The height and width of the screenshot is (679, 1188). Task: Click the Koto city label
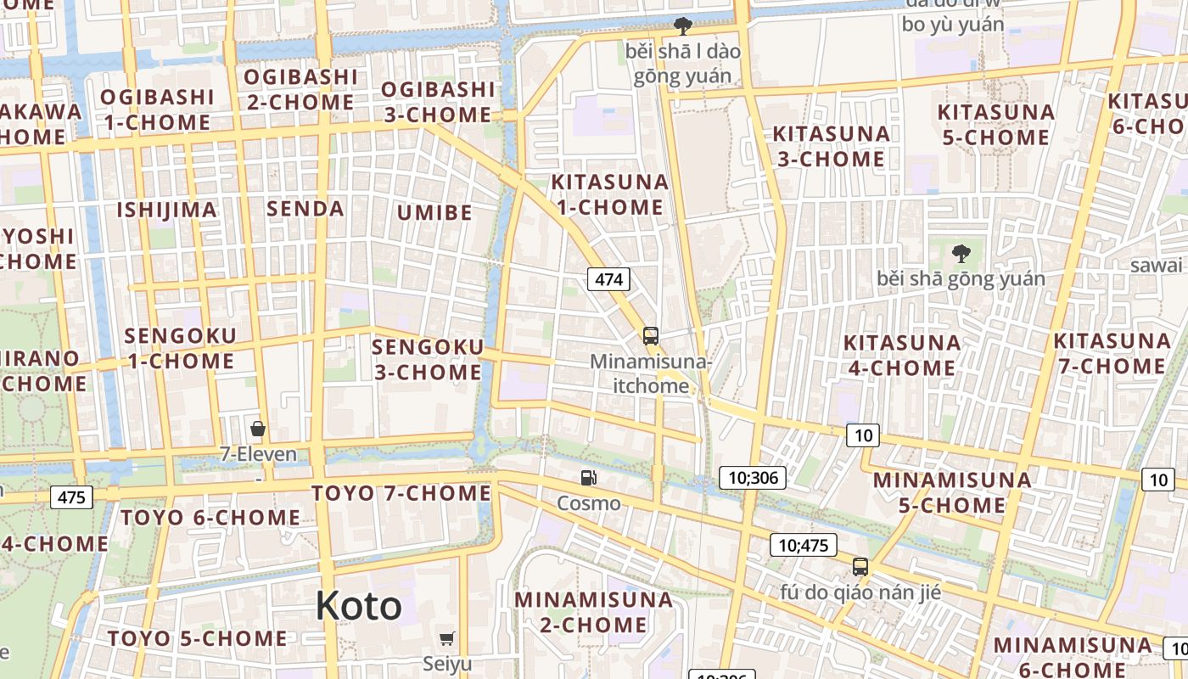tap(358, 606)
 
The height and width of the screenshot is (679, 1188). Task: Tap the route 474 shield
tap(609, 278)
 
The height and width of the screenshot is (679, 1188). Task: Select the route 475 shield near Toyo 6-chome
tap(71, 497)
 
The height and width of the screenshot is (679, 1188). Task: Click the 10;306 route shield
tap(753, 477)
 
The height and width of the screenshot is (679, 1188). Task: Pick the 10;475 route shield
tap(803, 545)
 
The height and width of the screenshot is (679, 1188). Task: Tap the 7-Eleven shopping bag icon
tap(258, 429)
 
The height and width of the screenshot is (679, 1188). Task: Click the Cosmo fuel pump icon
tap(588, 478)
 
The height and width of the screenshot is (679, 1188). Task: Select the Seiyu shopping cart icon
tap(447, 638)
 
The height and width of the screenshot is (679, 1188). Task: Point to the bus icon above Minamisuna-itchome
tap(650, 336)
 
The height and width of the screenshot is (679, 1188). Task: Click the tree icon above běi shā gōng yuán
tap(961, 253)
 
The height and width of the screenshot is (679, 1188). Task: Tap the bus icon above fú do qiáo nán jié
tap(860, 567)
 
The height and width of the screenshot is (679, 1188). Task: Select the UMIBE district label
tap(434, 212)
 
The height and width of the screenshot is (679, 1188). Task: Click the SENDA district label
tap(305, 209)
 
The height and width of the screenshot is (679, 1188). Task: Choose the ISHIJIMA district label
tap(166, 210)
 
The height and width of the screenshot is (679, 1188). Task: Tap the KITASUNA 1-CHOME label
tap(609, 194)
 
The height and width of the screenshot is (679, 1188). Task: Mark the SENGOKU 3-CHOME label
tap(428, 359)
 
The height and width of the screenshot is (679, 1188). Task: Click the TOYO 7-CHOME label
tap(401, 493)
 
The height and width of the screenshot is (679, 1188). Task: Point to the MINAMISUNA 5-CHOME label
tap(952, 492)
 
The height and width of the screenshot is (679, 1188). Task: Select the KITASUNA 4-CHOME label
tap(901, 355)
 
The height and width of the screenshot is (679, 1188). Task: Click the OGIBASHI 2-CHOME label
tap(300, 89)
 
